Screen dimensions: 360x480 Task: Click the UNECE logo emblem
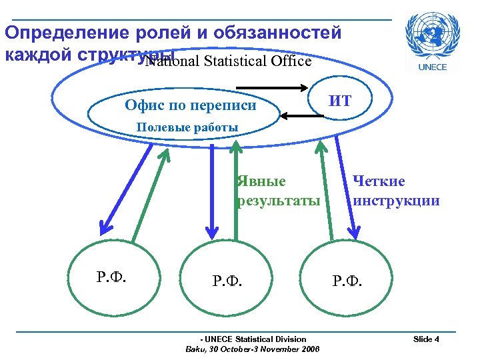(x=437, y=34)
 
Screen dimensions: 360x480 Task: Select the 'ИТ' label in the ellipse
(x=341, y=101)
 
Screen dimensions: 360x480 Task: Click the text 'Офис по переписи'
(x=191, y=105)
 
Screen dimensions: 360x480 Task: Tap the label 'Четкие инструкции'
(x=396, y=191)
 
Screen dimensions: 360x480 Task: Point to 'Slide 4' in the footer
(x=426, y=339)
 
